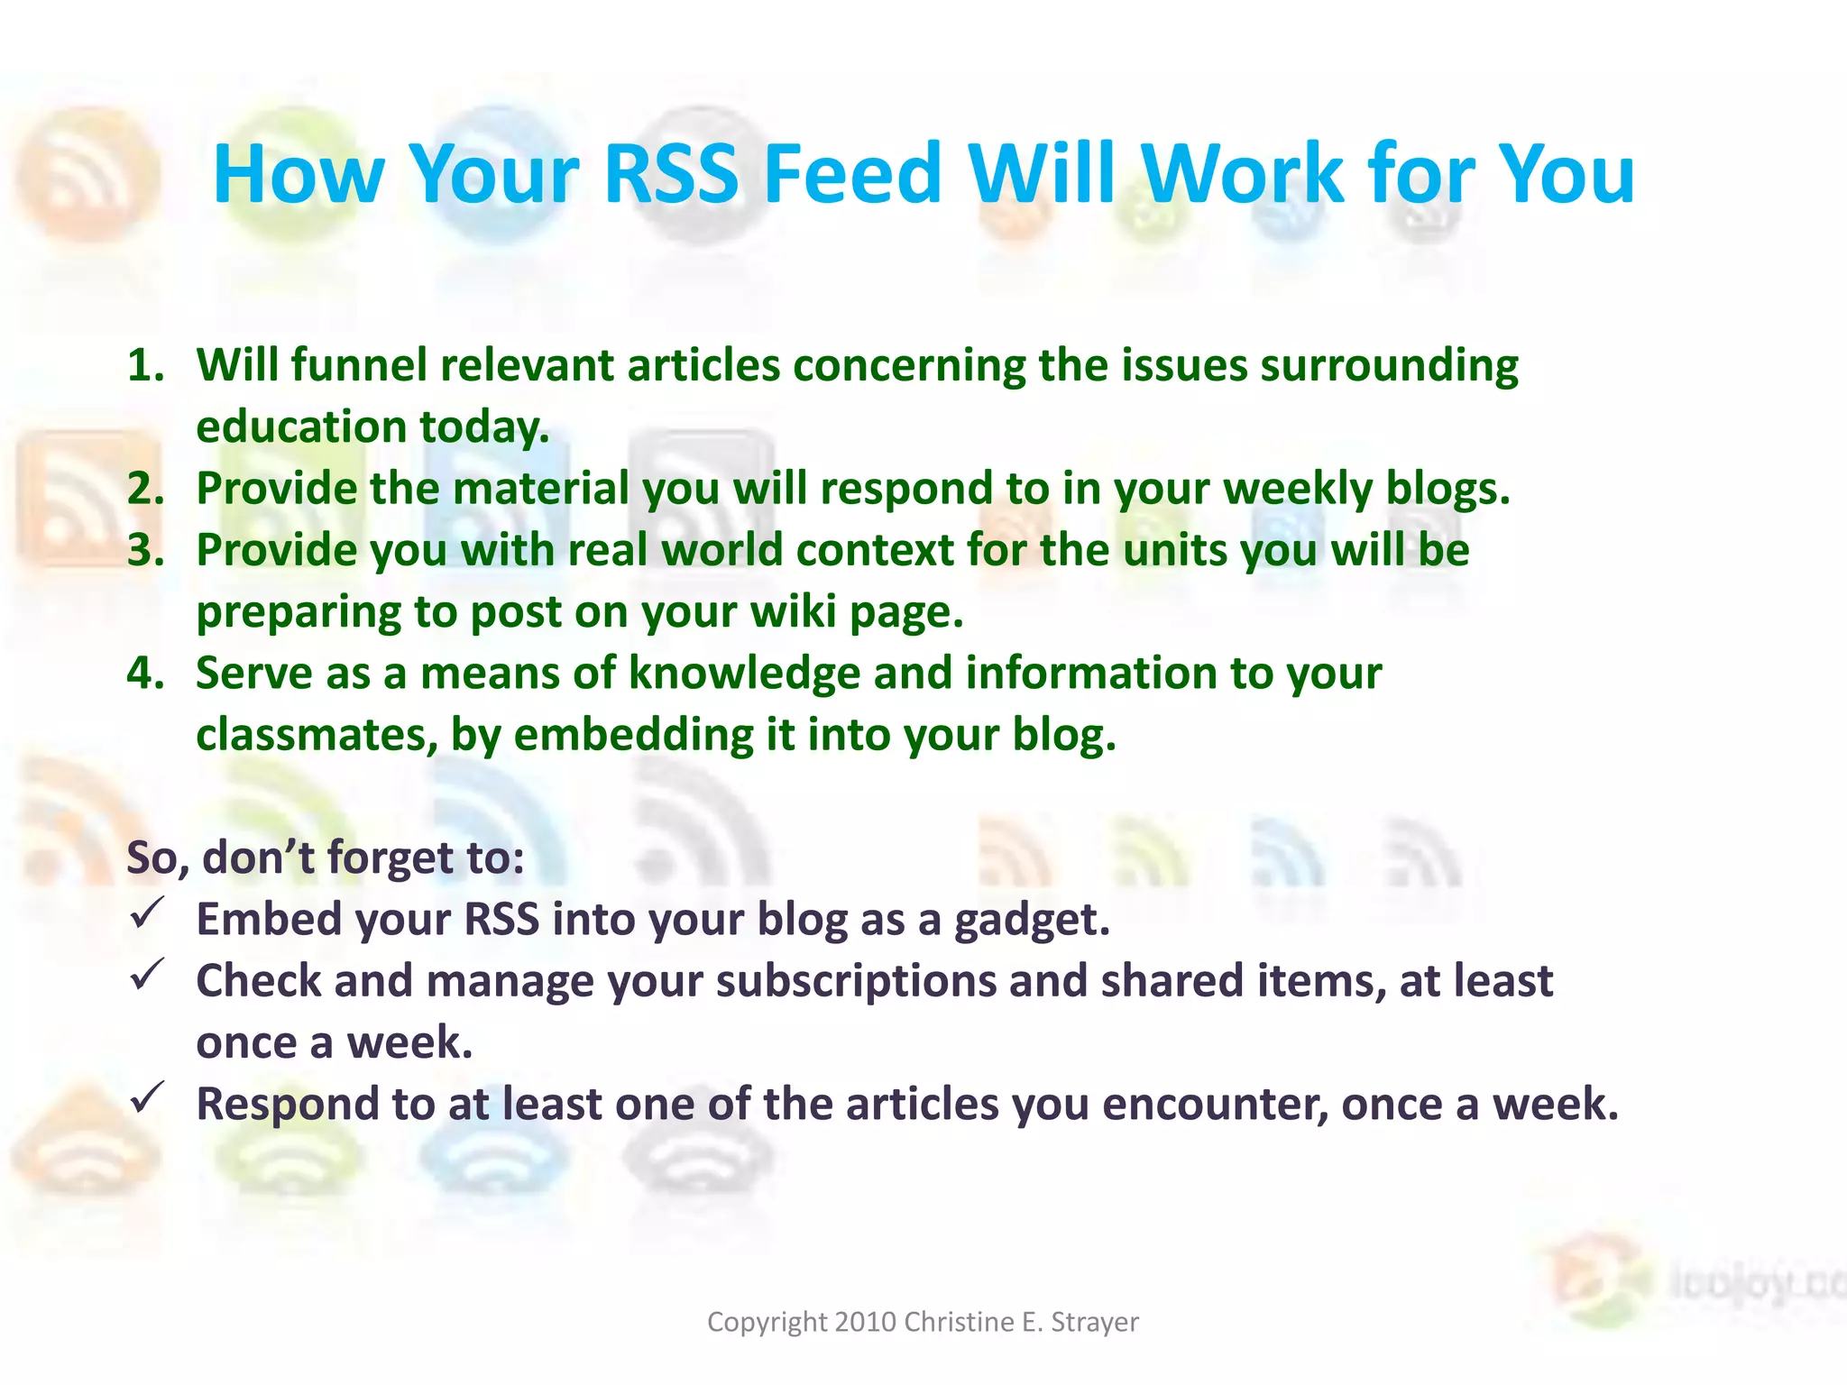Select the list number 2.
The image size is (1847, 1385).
pyautogui.click(x=145, y=489)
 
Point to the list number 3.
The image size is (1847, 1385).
pyautogui.click(x=145, y=550)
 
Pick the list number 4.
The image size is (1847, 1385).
pyautogui.click(x=145, y=674)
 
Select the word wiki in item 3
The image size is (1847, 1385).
pyautogui.click(x=794, y=612)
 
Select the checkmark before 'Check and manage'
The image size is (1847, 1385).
pyautogui.click(x=146, y=975)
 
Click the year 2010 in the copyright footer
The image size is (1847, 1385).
pyautogui.click(x=865, y=1322)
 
